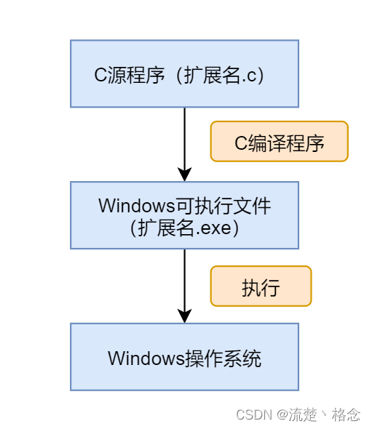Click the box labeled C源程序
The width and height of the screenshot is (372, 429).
(184, 73)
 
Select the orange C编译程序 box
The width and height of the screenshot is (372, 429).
(279, 142)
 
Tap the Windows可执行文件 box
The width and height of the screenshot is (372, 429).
(184, 215)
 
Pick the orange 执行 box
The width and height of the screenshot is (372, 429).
(261, 286)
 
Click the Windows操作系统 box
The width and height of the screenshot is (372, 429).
(184, 357)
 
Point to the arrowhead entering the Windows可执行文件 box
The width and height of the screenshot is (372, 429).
(185, 174)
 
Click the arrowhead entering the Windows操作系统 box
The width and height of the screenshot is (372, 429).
(185, 316)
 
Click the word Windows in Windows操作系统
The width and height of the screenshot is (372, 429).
(146, 358)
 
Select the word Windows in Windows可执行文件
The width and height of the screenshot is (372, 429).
(137, 206)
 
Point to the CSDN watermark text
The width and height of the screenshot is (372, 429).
(254, 414)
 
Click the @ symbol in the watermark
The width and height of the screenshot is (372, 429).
(282, 414)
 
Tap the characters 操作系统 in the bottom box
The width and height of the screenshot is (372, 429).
(223, 358)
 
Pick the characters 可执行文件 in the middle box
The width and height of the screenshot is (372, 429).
(223, 206)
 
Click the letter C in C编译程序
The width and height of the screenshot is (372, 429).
(242, 143)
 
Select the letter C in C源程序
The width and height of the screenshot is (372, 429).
(100, 75)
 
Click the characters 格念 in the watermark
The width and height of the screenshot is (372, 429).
(346, 414)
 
